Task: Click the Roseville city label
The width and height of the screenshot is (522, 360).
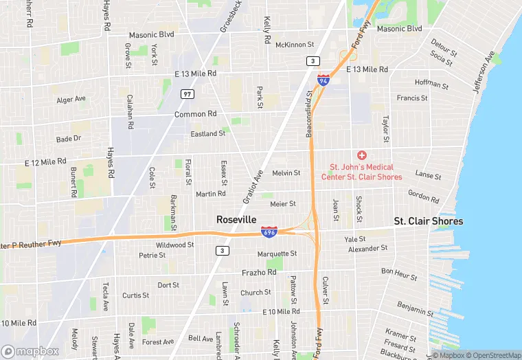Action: click(236, 219)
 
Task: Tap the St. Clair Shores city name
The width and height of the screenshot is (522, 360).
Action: click(428, 221)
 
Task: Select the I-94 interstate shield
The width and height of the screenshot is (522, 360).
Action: click(323, 80)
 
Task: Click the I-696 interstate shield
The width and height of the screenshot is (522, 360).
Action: click(269, 233)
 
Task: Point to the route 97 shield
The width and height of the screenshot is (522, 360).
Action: click(187, 93)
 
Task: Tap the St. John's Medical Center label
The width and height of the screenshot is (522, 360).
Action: click(361, 172)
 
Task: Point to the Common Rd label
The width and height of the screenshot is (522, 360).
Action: click(195, 114)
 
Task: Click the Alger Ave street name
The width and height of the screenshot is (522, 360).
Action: click(71, 100)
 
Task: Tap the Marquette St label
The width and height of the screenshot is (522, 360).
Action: click(276, 254)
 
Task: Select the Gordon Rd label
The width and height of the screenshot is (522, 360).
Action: click(423, 196)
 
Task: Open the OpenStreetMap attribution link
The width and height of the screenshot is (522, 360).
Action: click(492, 355)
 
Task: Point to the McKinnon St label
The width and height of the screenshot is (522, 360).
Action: click(294, 45)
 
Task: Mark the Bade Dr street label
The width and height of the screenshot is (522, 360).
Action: click(69, 138)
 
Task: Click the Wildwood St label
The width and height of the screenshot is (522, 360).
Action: click(174, 245)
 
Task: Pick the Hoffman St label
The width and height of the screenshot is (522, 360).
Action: click(431, 85)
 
